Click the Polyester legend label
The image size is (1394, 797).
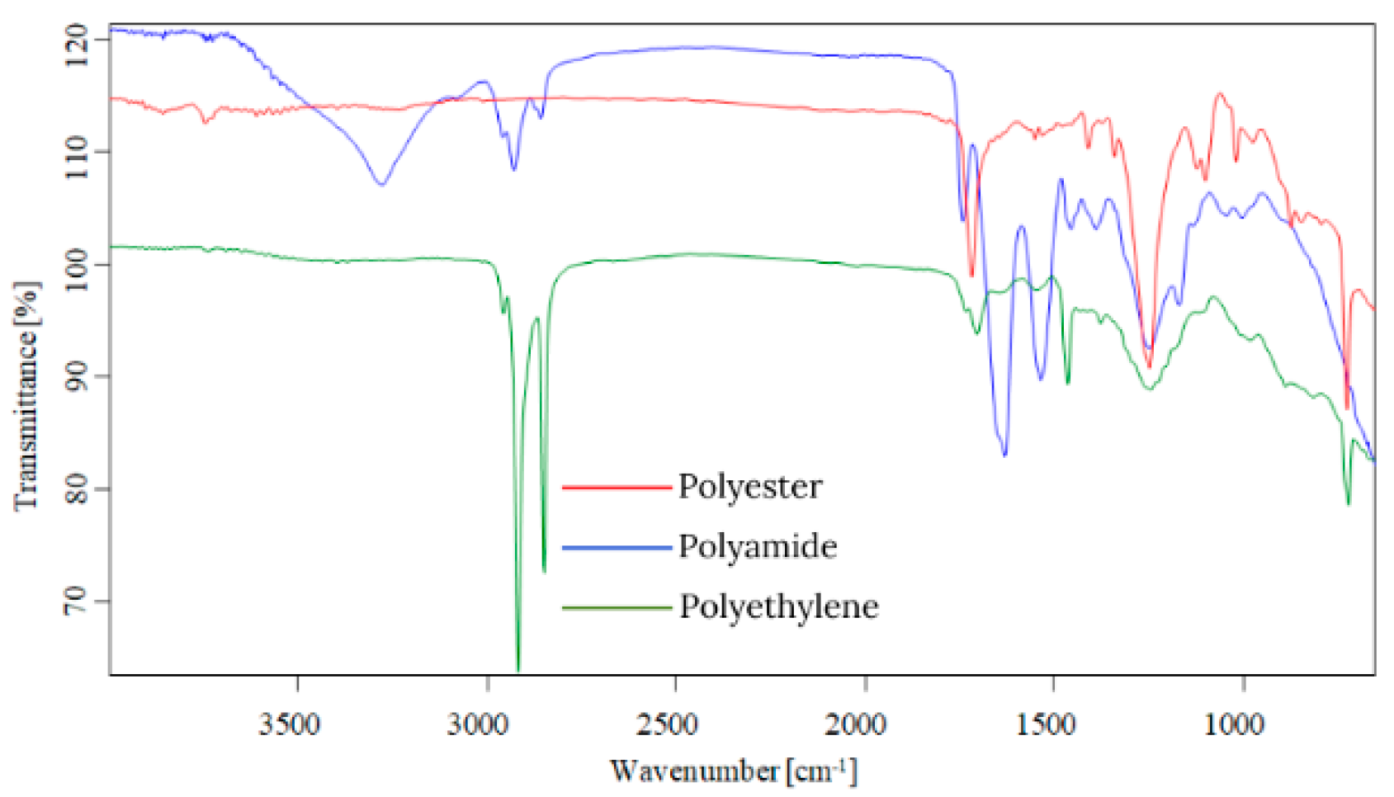[x=749, y=487]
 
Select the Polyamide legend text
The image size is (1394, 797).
[x=757, y=547]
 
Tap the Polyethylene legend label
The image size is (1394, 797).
[x=778, y=607]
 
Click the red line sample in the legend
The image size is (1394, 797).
[x=617, y=488]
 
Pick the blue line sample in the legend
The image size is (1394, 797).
[x=617, y=548]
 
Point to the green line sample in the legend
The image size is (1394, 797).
[x=617, y=609]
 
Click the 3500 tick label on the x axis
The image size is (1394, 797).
[x=289, y=724]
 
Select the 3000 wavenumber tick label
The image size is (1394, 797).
[x=478, y=724]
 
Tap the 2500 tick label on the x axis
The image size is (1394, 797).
[x=667, y=724]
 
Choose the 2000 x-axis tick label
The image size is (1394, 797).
[x=856, y=724]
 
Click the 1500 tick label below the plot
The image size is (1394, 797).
[x=1046, y=724]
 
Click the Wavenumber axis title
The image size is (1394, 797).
[x=733, y=771]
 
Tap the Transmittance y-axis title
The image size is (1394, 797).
[x=26, y=396]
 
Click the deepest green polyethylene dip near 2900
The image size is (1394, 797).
[x=518, y=668]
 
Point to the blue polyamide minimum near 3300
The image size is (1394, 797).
[x=381, y=184]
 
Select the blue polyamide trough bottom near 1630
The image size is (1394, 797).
[x=1004, y=454]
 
